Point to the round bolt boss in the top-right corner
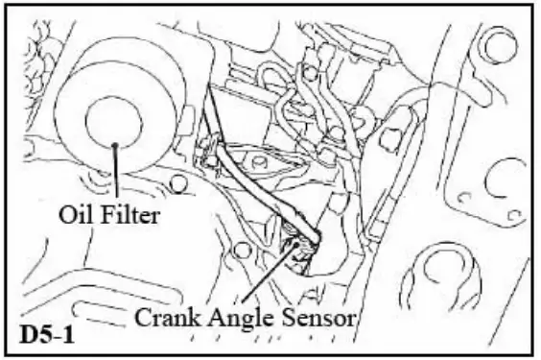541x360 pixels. point(495,45)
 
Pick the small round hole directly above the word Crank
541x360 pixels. point(244,252)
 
